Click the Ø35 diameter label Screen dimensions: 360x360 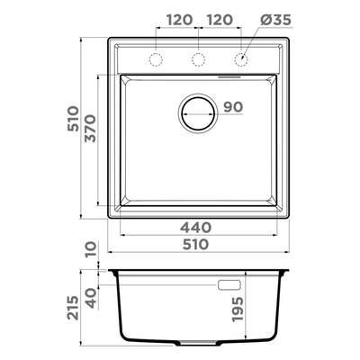coord(275,20)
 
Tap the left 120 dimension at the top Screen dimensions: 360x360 coord(179,20)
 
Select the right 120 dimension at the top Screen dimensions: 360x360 coord(220,20)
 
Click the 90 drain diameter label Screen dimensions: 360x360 coord(233,107)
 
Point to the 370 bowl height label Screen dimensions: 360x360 coord(90,128)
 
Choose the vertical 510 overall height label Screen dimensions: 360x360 coord(73,119)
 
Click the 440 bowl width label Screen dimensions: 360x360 coord(195,228)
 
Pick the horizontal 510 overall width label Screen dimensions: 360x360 coord(195,244)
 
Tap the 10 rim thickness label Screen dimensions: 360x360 coord(91,249)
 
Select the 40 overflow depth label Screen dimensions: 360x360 coord(91,298)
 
